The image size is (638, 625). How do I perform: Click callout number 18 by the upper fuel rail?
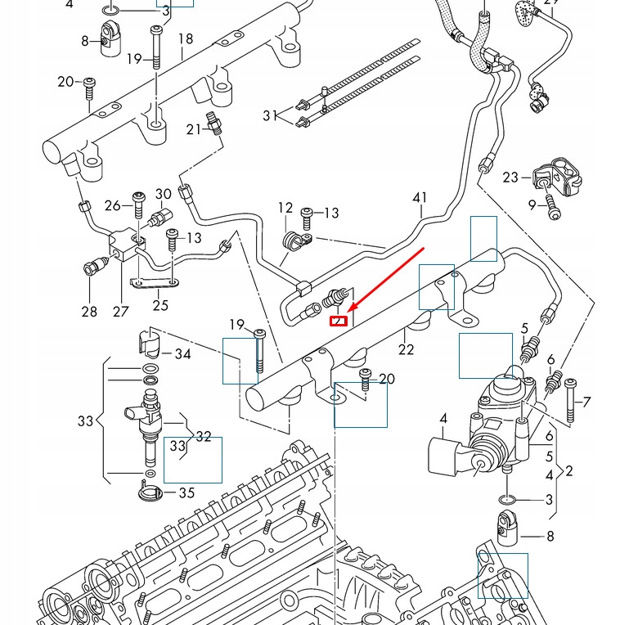186,39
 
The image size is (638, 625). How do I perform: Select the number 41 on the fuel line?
420,198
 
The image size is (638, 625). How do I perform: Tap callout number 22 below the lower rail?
407,350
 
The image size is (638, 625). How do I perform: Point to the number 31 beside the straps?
270,116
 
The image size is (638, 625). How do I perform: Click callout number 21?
193,129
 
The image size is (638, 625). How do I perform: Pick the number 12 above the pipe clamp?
285,208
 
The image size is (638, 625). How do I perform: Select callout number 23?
510,177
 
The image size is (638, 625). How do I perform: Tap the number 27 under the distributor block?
121,312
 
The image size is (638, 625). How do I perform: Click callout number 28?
89,312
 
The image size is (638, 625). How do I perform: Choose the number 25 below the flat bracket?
160,305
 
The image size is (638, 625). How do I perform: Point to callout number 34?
182,354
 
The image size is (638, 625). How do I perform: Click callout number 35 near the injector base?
186,493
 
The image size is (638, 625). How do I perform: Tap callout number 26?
113,205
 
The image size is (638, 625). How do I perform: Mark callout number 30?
164,195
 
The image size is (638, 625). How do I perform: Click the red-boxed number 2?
339,321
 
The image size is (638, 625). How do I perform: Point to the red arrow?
384,278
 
